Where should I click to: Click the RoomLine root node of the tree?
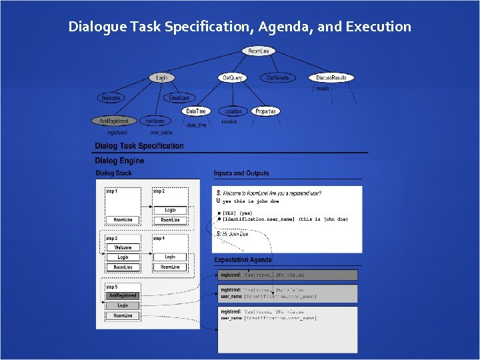click(x=258, y=51)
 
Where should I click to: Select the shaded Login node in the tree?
click(x=161, y=78)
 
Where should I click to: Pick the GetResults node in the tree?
click(x=278, y=78)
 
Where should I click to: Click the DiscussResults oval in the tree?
click(x=331, y=78)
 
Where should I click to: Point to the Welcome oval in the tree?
click(x=110, y=97)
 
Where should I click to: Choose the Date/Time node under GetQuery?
click(x=196, y=111)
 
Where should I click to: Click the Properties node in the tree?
click(x=265, y=111)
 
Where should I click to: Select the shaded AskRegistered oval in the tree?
click(x=114, y=121)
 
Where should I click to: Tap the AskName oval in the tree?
click(x=155, y=121)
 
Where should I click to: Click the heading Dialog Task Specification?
click(x=139, y=145)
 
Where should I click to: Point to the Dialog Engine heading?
click(x=119, y=161)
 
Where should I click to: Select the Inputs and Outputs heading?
click(x=241, y=173)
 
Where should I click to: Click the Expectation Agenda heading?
click(x=243, y=259)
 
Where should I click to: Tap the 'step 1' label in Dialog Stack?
click(x=112, y=191)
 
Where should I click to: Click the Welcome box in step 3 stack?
click(x=123, y=247)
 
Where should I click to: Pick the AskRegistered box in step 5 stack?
click(x=123, y=295)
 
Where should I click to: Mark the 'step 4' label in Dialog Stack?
click(x=159, y=238)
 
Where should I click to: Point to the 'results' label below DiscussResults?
click(x=323, y=88)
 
